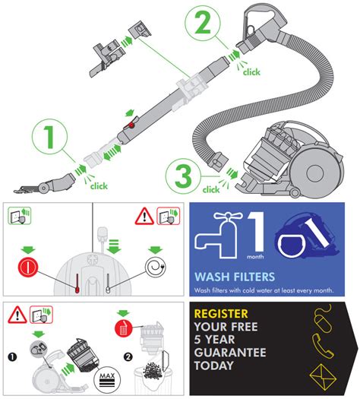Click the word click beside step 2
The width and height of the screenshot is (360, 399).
(x=250, y=72)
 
